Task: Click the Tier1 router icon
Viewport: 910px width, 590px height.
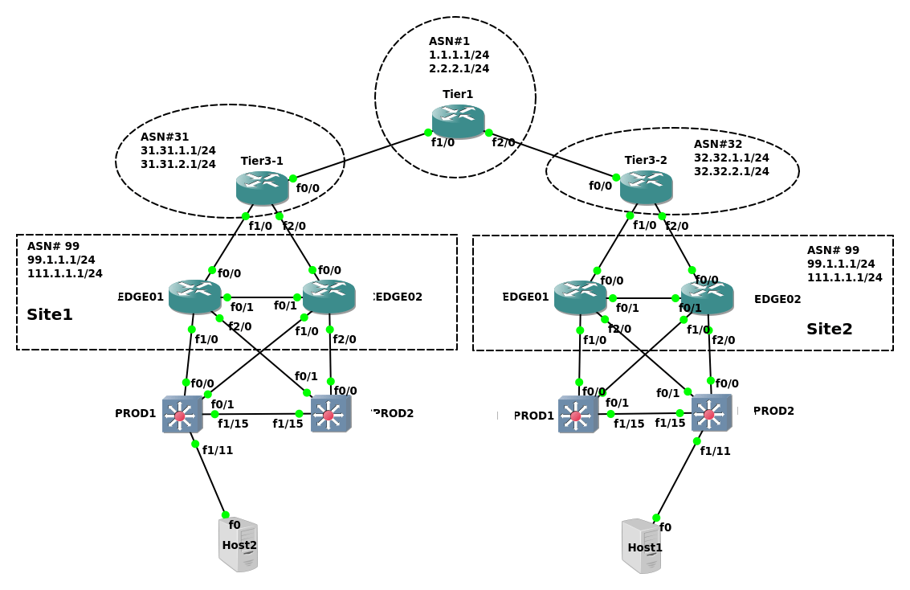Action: pos(458,121)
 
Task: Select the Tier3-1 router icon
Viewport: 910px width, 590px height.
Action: pos(262,187)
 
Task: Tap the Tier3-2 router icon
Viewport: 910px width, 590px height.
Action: pos(646,186)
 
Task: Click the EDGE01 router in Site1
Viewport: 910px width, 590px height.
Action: pos(194,296)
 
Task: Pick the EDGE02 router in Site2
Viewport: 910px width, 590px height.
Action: pos(707,297)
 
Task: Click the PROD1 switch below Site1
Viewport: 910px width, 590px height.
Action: pos(182,415)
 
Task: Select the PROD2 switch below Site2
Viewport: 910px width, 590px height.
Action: pos(711,413)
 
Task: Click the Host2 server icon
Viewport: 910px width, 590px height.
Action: pos(239,545)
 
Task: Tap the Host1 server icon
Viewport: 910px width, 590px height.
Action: pos(642,547)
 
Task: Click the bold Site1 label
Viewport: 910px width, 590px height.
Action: pos(50,314)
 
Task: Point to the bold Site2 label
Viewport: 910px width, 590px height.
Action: pos(829,329)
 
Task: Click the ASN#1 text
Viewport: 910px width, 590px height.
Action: pos(449,41)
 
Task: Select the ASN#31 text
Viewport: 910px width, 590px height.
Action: pos(165,137)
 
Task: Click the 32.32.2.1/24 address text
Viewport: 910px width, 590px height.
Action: pos(731,171)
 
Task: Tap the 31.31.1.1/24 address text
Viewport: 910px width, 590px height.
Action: pos(178,150)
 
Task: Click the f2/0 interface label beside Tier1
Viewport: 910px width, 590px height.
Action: pos(504,142)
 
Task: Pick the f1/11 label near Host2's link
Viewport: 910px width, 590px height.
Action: pos(217,450)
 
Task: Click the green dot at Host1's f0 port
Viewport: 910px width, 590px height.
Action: pos(656,518)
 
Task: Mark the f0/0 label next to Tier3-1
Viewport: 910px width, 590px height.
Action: pos(308,188)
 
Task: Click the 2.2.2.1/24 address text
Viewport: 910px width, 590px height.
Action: pos(459,68)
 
